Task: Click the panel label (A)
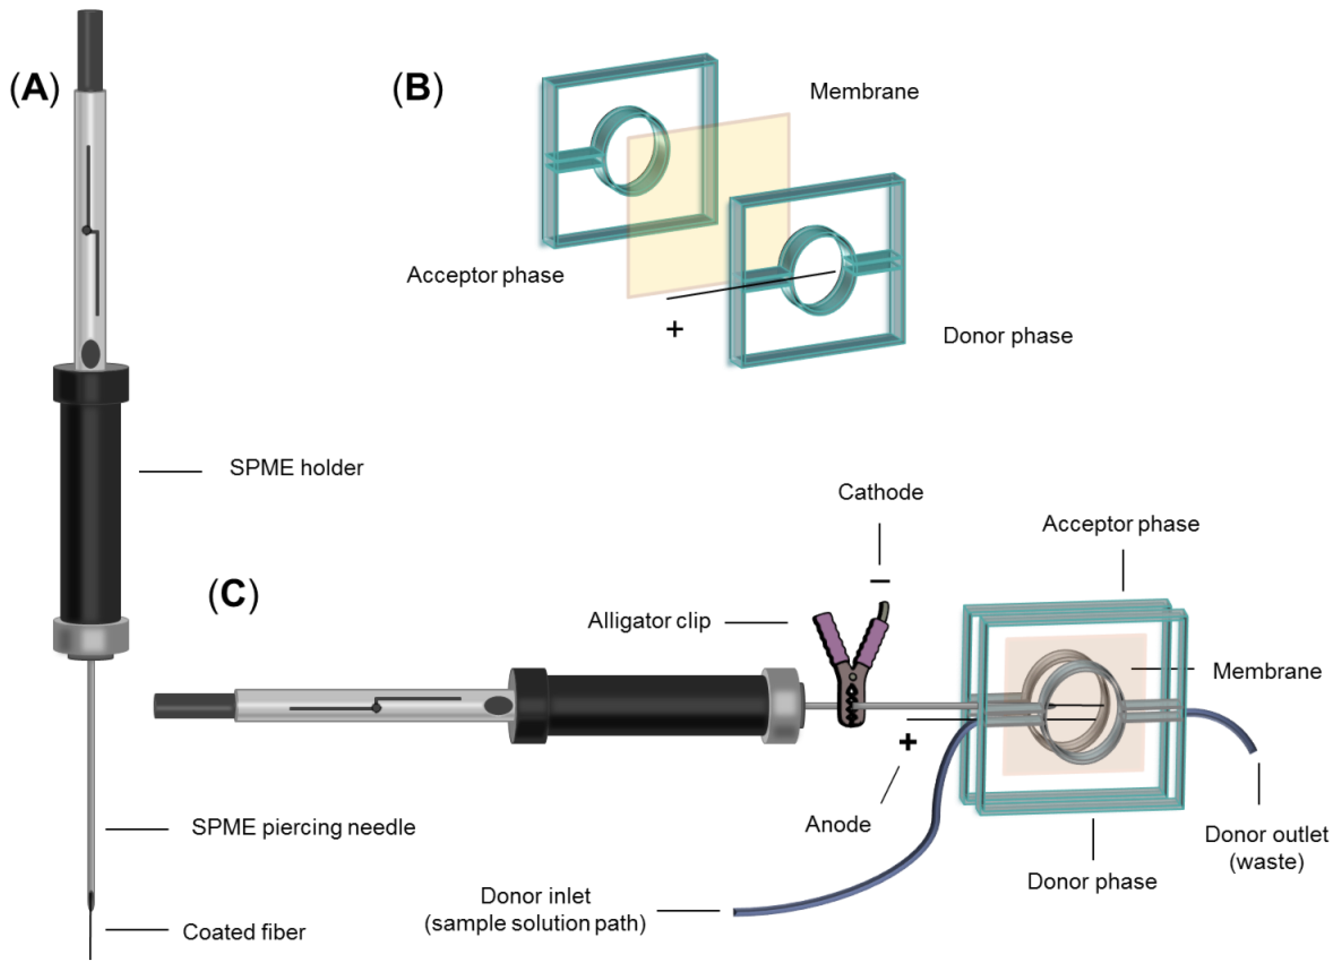34,89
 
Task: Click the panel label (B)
417,89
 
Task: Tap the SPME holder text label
296,468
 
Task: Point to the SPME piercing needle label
303,828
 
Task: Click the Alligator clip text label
649,621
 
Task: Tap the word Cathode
880,492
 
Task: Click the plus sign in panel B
675,329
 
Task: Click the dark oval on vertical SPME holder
91,354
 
